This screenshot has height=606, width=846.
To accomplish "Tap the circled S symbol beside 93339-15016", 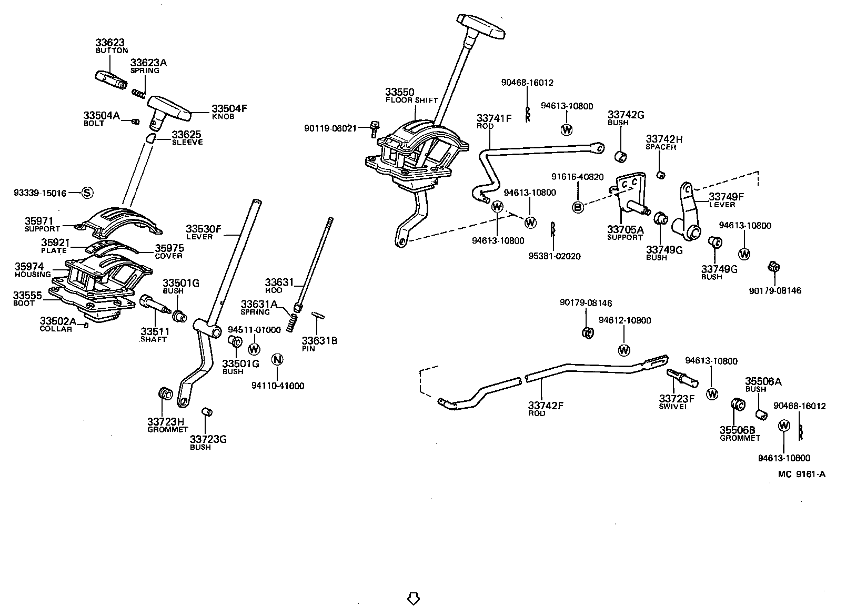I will point(87,193).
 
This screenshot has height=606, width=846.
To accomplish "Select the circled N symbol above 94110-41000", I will point(277,360).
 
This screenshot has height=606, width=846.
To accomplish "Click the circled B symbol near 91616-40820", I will point(578,207).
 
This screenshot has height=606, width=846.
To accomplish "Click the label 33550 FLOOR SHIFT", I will point(410,96).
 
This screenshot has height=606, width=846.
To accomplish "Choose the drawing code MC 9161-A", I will point(801,474).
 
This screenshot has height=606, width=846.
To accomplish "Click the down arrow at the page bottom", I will point(413,598).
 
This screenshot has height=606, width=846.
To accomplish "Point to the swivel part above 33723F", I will point(682,377).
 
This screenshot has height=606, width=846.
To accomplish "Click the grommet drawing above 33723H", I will point(166,393).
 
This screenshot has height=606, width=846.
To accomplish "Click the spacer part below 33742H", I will point(661,174).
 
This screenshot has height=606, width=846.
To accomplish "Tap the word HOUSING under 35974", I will point(33,274).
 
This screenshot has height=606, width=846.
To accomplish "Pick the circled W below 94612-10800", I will point(624,349).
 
